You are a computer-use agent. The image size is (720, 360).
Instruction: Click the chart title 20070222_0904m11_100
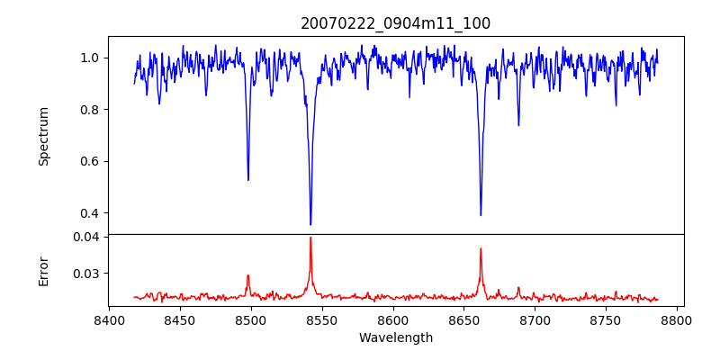395,23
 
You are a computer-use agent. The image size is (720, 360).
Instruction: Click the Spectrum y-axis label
43,136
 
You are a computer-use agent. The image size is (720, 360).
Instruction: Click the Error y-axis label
43,270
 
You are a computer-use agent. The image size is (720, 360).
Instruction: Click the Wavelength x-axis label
395,338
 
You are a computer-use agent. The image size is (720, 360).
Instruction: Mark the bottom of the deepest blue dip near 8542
310,224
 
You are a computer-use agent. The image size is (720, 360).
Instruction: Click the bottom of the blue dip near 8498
248,180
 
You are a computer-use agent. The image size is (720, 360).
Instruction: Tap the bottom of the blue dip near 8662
481,215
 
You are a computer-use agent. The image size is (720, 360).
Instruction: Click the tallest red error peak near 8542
310,238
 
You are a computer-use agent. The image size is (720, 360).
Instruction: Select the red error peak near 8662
481,248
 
